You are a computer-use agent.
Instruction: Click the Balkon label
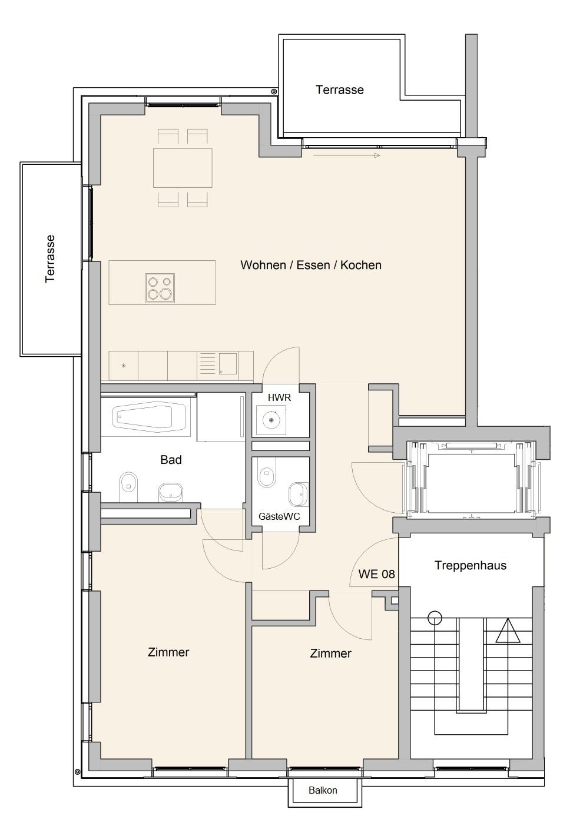[x=323, y=790]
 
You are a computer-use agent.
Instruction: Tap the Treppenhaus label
[x=470, y=565]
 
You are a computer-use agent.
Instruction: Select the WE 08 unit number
[x=376, y=574]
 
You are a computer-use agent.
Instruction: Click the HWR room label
[x=279, y=397]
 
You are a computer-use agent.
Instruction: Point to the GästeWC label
[x=279, y=516]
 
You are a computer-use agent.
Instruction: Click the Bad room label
[x=171, y=459]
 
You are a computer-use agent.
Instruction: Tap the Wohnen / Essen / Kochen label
[x=311, y=265]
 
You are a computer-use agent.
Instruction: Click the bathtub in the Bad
[x=151, y=417]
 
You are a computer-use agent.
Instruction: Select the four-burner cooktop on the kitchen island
[x=160, y=288]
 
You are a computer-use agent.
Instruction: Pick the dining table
[x=183, y=168]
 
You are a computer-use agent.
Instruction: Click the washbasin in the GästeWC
[x=299, y=494]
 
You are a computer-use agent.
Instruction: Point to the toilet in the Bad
[x=129, y=486]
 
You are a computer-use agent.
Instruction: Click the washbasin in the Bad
[x=171, y=493]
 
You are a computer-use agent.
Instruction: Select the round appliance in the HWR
[x=271, y=420]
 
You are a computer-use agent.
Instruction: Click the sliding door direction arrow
[x=346, y=155]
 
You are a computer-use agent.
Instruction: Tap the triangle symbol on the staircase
[x=508, y=631]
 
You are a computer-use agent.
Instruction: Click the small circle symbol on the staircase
[x=435, y=618]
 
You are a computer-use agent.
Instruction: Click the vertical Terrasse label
[x=50, y=259]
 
